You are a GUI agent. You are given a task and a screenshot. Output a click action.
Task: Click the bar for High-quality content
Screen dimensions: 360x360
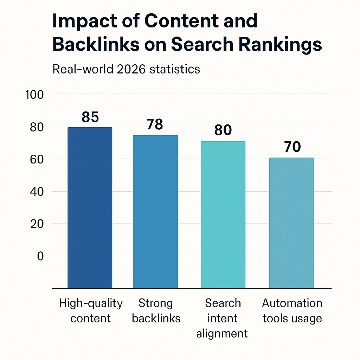[90, 208]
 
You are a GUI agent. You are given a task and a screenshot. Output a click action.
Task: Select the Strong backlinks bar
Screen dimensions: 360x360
[155, 212]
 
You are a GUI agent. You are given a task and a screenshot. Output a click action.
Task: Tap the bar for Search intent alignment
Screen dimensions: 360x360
[223, 215]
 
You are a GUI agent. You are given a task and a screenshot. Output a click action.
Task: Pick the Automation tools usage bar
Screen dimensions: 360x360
[291, 223]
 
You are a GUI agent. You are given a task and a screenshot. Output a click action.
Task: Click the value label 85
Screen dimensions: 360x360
[90, 117]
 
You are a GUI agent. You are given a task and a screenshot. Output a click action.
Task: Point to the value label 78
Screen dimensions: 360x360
[155, 124]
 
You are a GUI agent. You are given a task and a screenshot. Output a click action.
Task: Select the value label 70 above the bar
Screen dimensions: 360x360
[292, 147]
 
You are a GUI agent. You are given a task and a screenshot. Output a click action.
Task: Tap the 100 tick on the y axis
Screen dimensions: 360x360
[34, 95]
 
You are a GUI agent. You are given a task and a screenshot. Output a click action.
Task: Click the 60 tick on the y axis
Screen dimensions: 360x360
[37, 160]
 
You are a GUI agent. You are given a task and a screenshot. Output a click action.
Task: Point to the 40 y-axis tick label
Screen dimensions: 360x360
[37, 192]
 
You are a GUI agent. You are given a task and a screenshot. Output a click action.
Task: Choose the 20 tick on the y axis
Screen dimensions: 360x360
[37, 224]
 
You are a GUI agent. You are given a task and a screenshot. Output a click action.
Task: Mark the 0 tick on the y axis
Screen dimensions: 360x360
[40, 256]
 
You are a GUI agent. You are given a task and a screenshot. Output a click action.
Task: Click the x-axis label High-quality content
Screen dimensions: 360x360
[91, 311]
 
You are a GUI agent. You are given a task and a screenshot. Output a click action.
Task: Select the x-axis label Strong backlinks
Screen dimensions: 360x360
[156, 311]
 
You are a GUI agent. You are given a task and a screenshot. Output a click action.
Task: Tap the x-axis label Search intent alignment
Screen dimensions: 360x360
[222, 318]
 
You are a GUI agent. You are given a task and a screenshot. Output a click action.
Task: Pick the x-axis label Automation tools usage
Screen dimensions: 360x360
[292, 311]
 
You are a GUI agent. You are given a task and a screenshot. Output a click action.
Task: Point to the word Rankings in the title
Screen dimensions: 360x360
[280, 45]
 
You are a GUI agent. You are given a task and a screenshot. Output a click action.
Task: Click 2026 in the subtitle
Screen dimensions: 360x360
[131, 69]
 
